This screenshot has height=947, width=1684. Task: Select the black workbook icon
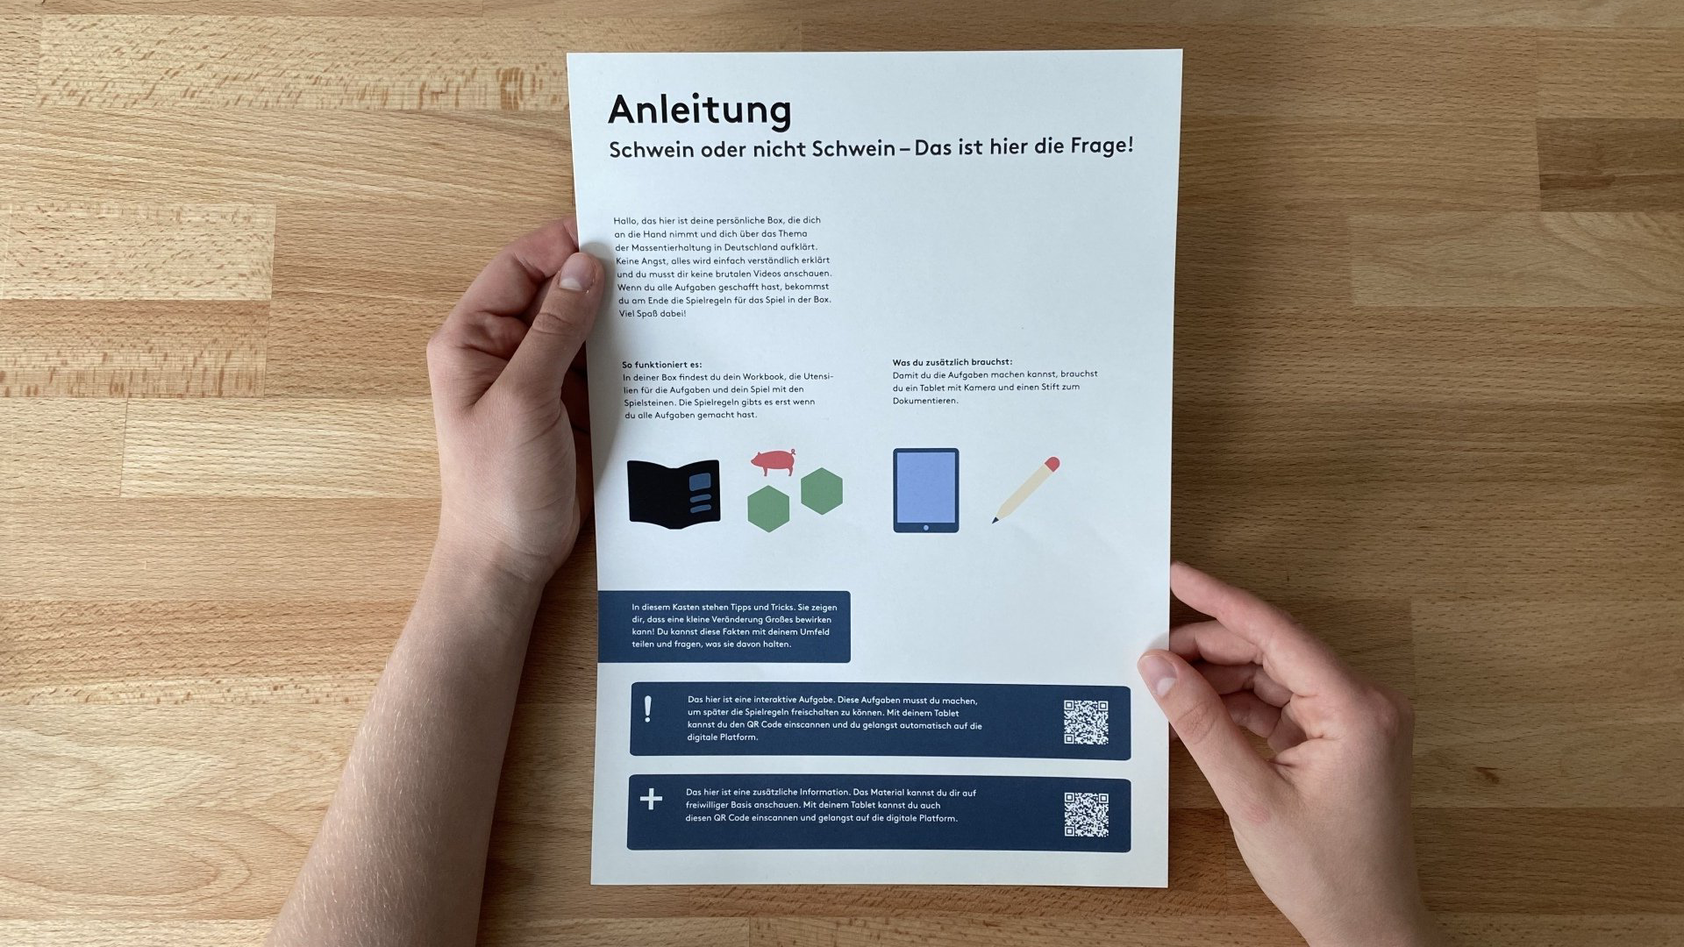(674, 491)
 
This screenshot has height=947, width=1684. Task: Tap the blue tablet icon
(925, 490)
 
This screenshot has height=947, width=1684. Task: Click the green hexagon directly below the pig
(768, 509)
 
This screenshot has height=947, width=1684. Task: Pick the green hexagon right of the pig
(822, 489)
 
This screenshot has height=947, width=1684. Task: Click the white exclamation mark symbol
(648, 708)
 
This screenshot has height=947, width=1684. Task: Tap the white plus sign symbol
(651, 799)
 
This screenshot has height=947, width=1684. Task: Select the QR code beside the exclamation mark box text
(1086, 722)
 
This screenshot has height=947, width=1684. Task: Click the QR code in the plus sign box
(1086, 815)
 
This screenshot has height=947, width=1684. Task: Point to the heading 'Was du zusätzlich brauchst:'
(953, 361)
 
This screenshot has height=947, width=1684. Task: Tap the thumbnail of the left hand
(576, 271)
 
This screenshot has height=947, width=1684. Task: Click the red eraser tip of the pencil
(1052, 464)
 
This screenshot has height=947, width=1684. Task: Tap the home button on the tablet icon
(925, 526)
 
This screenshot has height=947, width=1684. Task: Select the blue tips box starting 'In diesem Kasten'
(724, 626)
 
